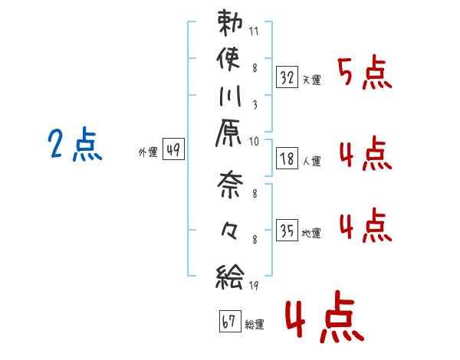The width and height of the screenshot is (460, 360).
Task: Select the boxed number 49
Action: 173,150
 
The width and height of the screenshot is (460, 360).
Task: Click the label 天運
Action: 311,80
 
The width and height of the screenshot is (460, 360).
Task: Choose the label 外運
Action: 146,152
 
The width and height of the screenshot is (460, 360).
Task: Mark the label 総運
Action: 254,325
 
